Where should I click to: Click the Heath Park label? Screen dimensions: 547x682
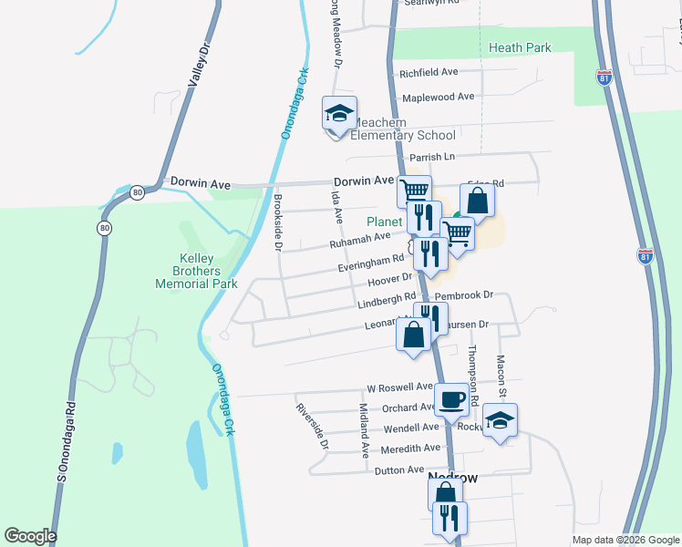coord(520,47)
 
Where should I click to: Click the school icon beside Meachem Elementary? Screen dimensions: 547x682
coord(339,115)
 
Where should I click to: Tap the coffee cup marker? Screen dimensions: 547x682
coord(451,399)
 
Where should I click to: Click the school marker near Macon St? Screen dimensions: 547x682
coord(500,420)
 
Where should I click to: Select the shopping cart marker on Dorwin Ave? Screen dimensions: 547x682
coord(414,191)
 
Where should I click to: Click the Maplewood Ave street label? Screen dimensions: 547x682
coord(438,96)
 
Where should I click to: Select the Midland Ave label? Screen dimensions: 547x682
coord(363,429)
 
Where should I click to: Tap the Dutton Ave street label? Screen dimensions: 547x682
coord(399,470)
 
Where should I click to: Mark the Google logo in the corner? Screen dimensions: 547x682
coord(30,536)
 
